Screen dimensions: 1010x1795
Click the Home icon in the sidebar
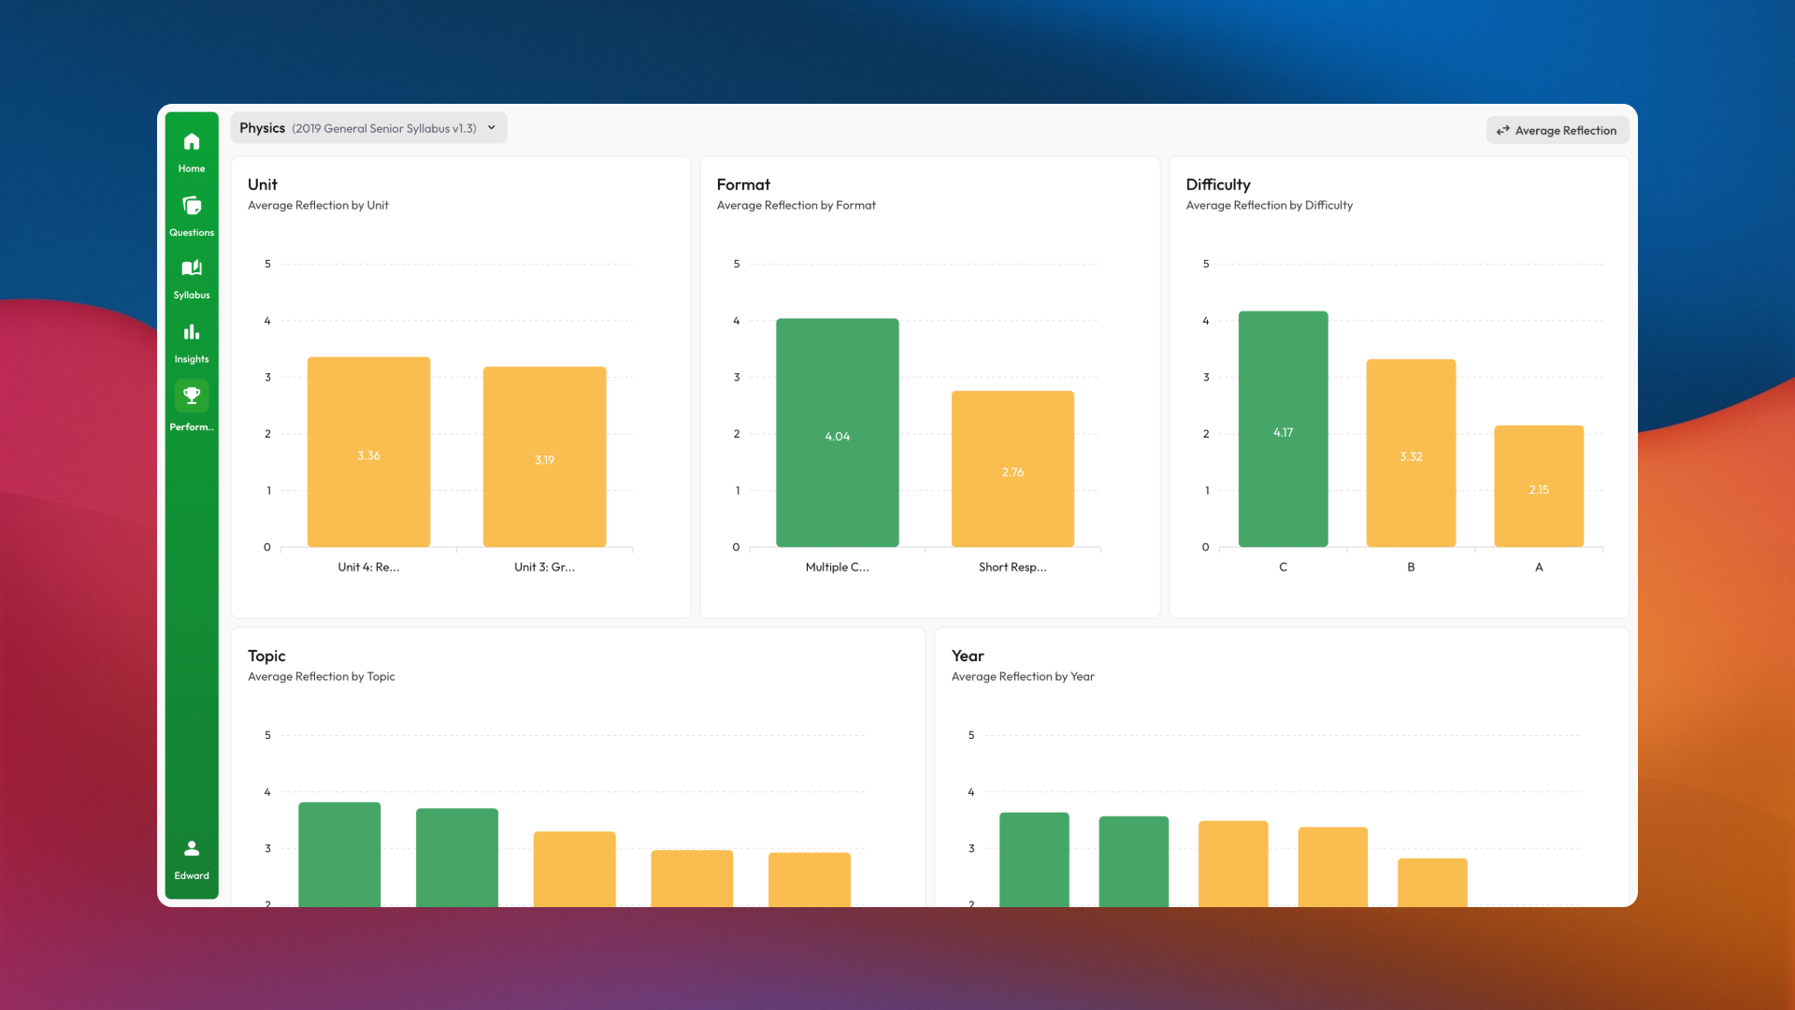point(192,142)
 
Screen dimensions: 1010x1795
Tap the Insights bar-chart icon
point(192,332)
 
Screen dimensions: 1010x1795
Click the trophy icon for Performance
point(192,396)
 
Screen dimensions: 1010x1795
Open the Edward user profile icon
point(192,849)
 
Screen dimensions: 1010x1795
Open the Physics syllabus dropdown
point(368,128)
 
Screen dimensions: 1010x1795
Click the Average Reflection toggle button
point(1557,131)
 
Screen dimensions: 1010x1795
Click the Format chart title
point(743,185)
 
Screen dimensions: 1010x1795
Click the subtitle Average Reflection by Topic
point(321,677)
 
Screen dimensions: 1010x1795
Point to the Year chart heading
point(968,656)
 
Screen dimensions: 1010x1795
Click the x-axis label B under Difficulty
point(1411,568)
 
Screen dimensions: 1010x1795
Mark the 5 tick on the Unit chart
point(267,265)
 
